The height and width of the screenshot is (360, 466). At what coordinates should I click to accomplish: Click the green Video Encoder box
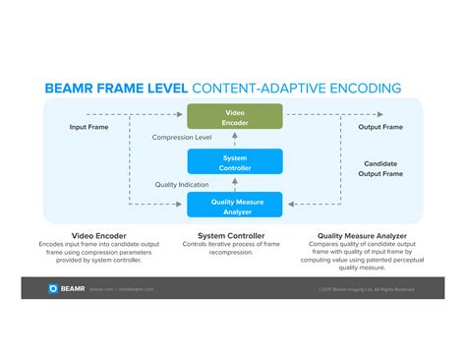235,116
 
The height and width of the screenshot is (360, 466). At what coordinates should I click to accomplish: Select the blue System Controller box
235,161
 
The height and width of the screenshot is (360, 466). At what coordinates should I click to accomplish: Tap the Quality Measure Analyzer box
235,205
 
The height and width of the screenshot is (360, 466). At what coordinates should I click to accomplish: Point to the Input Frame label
89,127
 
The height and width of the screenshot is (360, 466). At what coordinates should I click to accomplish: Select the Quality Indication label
182,184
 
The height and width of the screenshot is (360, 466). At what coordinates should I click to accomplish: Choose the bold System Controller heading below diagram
234,235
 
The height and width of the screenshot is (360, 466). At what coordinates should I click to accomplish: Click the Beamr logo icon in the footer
54,288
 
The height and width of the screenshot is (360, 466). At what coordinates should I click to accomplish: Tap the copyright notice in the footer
366,289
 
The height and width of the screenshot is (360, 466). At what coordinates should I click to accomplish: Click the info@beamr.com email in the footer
137,289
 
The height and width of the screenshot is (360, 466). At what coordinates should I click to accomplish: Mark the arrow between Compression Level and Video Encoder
235,138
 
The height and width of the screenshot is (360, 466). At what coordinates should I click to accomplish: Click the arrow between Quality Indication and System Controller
235,184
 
